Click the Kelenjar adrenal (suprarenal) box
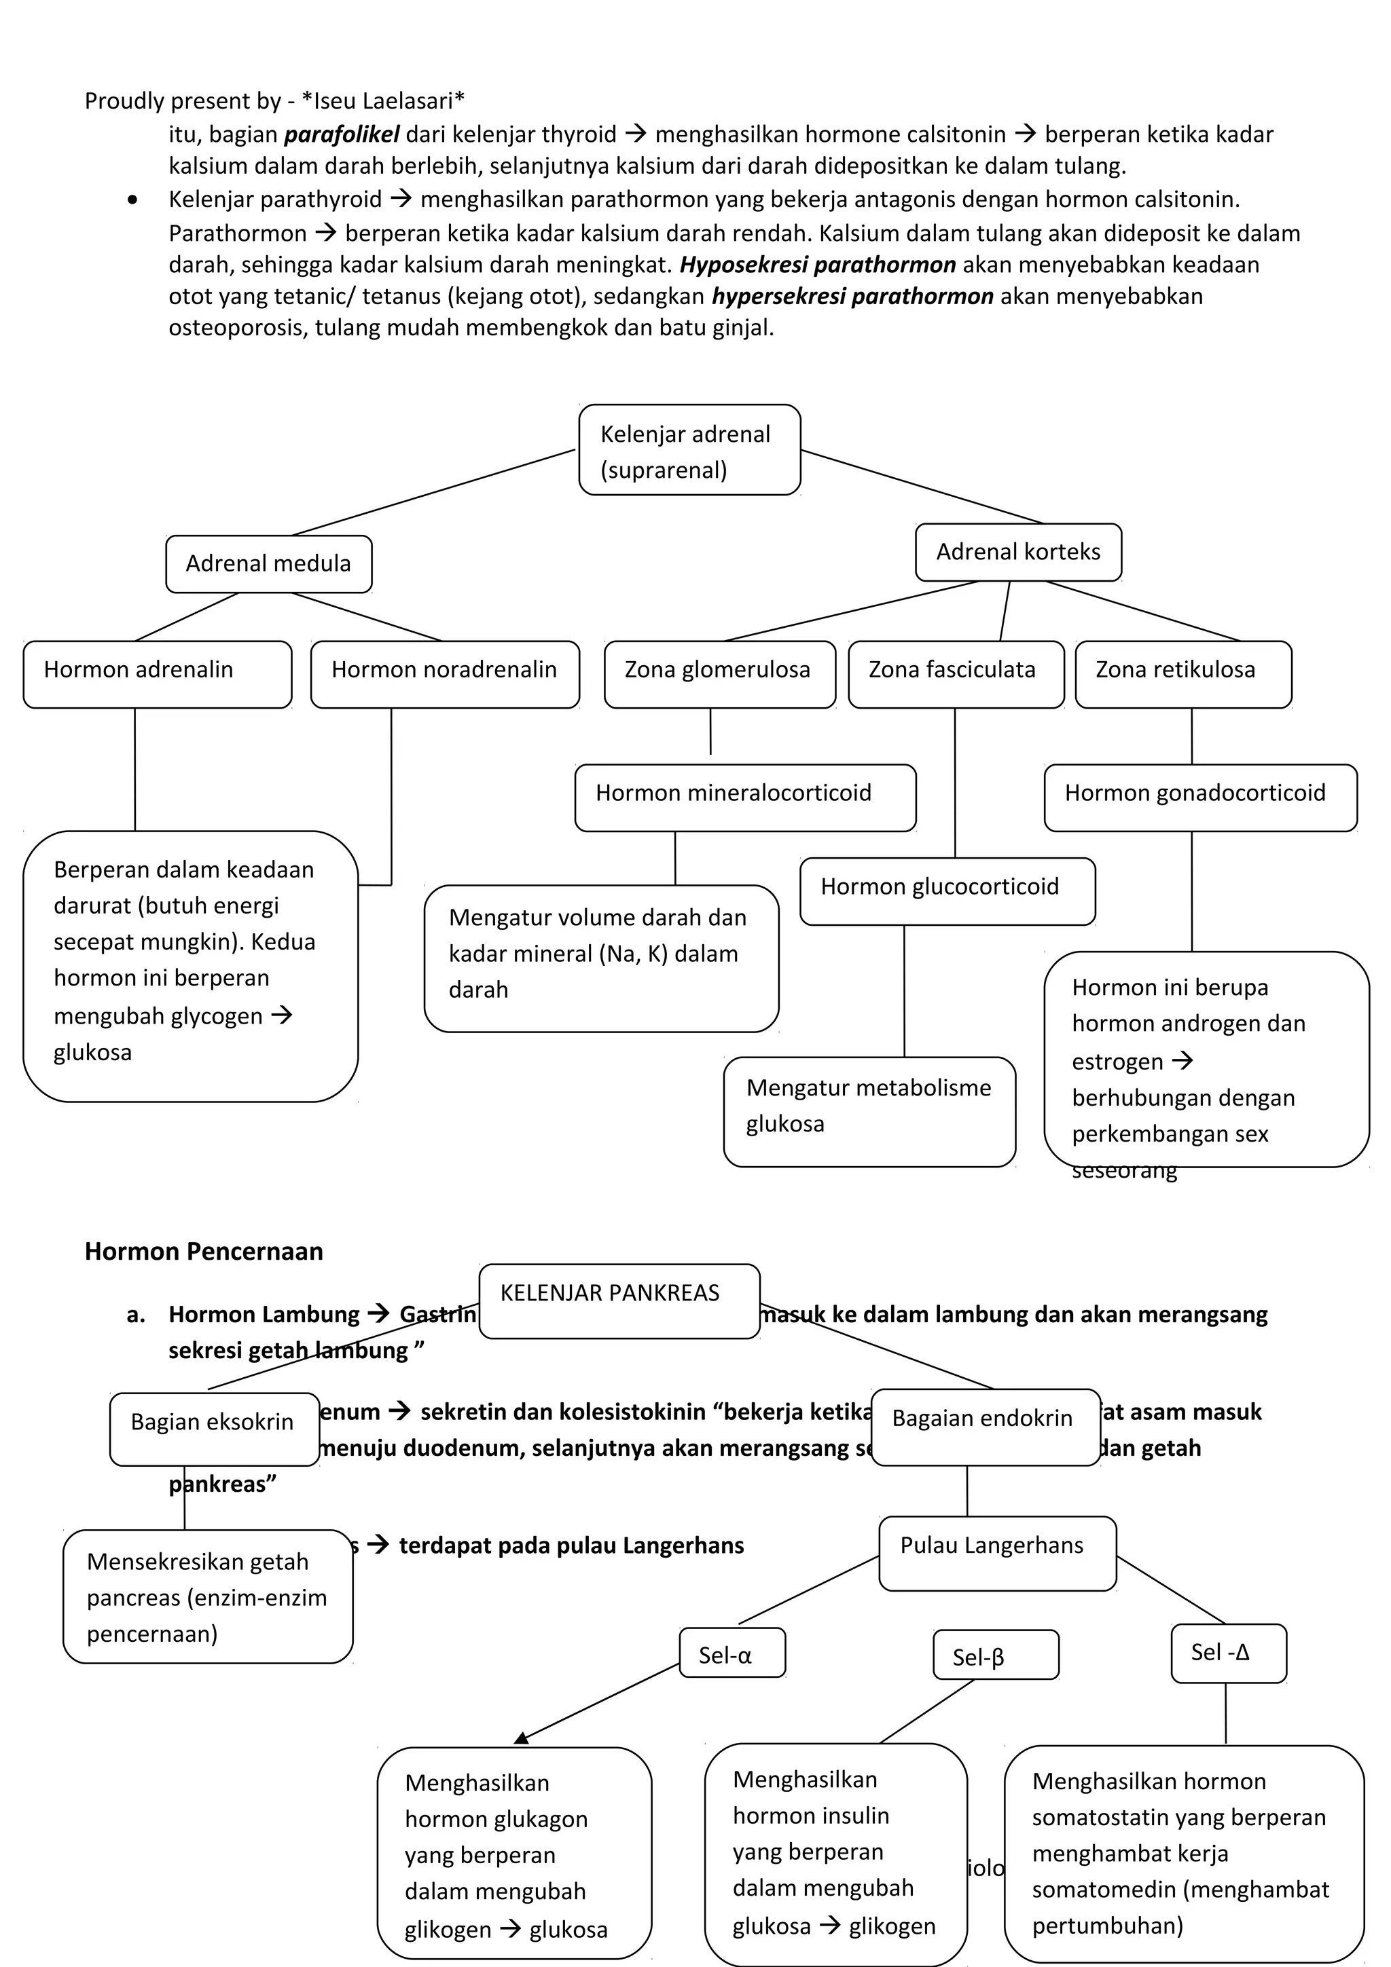(x=689, y=450)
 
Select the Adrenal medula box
(x=268, y=564)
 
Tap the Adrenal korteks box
(x=1017, y=552)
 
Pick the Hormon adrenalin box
(x=157, y=673)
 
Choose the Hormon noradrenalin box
(x=444, y=673)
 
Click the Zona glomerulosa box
(x=719, y=673)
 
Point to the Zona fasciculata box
(x=955, y=673)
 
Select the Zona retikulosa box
(x=1182, y=673)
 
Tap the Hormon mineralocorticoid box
(x=745, y=797)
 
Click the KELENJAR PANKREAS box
(x=619, y=1300)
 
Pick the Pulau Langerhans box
(x=997, y=1552)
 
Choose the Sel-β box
(x=995, y=1653)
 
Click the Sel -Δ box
(x=1227, y=1652)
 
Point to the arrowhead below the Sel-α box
(x=522, y=1738)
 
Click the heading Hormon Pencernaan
(x=204, y=1252)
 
